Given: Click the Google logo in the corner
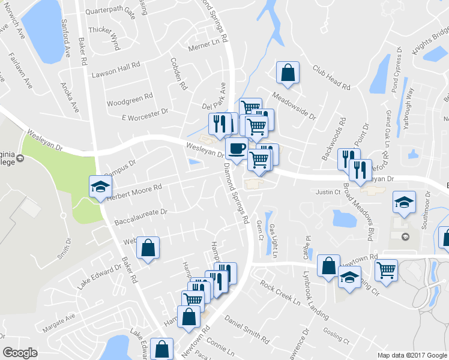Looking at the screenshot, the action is tap(20, 353).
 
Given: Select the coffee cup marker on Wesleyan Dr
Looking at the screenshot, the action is tap(236, 148).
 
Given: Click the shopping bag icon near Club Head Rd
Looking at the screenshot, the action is tap(288, 72).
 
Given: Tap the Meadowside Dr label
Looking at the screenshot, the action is tap(294, 106).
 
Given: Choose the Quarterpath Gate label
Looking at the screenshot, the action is tap(110, 11).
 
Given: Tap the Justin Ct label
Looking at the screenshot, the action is tap(328, 193).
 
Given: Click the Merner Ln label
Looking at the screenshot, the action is tap(203, 44).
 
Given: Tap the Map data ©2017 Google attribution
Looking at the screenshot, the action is tap(412, 355).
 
